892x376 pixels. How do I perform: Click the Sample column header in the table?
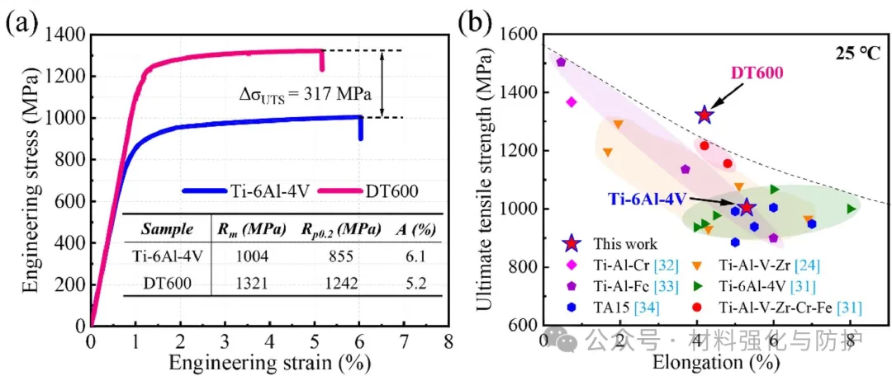pyautogui.click(x=168, y=228)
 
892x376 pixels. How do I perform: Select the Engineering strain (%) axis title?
pyautogui.click(x=270, y=361)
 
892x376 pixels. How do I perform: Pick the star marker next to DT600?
pyautogui.click(x=705, y=115)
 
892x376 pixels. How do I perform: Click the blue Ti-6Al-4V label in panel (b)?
pyautogui.click(x=648, y=199)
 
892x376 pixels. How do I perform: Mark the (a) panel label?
pyautogui.click(x=20, y=21)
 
